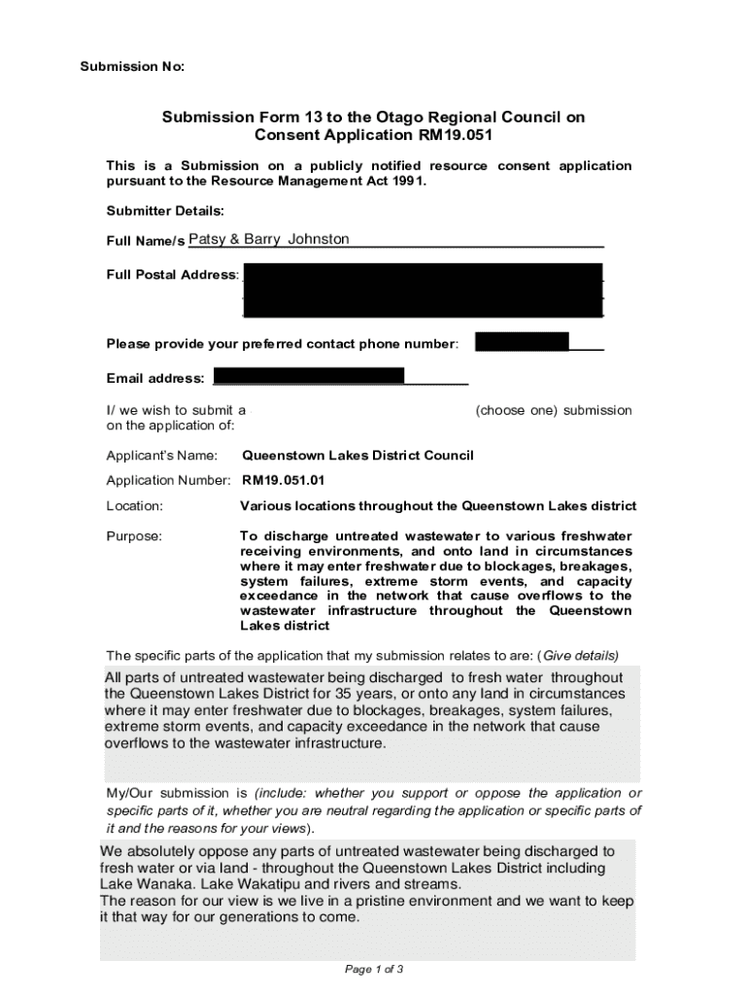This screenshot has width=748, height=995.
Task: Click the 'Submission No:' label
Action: point(131,66)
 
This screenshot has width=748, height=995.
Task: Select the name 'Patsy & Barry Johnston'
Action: point(268,239)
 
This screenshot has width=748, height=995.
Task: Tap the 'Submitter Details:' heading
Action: point(165,210)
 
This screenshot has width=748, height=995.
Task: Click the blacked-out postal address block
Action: point(423,290)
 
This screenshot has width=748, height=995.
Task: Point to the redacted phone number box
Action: point(522,342)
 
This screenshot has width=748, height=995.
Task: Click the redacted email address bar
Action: point(308,376)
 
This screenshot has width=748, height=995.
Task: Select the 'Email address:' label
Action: point(155,378)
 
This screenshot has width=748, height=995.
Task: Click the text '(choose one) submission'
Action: point(553,410)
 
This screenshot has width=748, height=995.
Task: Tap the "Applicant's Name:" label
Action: point(162,455)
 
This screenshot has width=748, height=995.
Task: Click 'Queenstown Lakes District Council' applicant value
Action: point(357,455)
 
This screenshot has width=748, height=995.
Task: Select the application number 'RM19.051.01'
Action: point(284,480)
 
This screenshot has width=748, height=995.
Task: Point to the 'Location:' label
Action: point(134,505)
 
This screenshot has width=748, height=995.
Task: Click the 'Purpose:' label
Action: point(134,535)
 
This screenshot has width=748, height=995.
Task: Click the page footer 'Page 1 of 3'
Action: point(374,969)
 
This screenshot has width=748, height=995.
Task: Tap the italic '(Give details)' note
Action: point(579,654)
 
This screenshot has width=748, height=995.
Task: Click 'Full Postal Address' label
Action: point(171,274)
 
